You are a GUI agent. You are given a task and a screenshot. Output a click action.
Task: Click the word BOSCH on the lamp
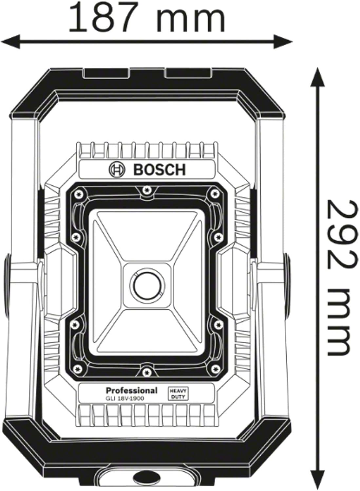(160, 170)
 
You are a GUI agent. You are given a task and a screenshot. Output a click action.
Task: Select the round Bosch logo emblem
(117, 169)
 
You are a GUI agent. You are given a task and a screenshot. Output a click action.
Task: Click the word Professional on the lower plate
(131, 390)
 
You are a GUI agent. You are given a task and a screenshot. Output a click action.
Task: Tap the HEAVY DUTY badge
(178, 393)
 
